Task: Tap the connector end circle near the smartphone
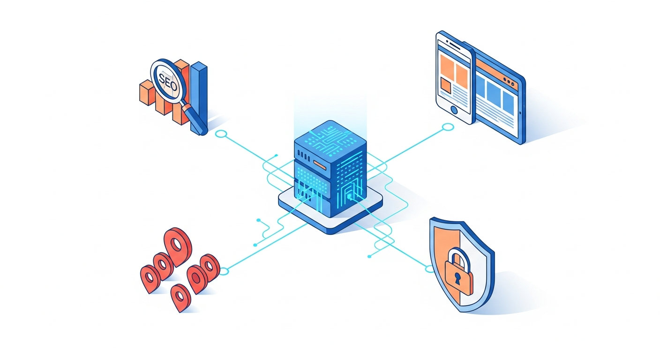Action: point(448,127)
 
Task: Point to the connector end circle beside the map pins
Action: point(224,271)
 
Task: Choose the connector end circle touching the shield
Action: point(429,269)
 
